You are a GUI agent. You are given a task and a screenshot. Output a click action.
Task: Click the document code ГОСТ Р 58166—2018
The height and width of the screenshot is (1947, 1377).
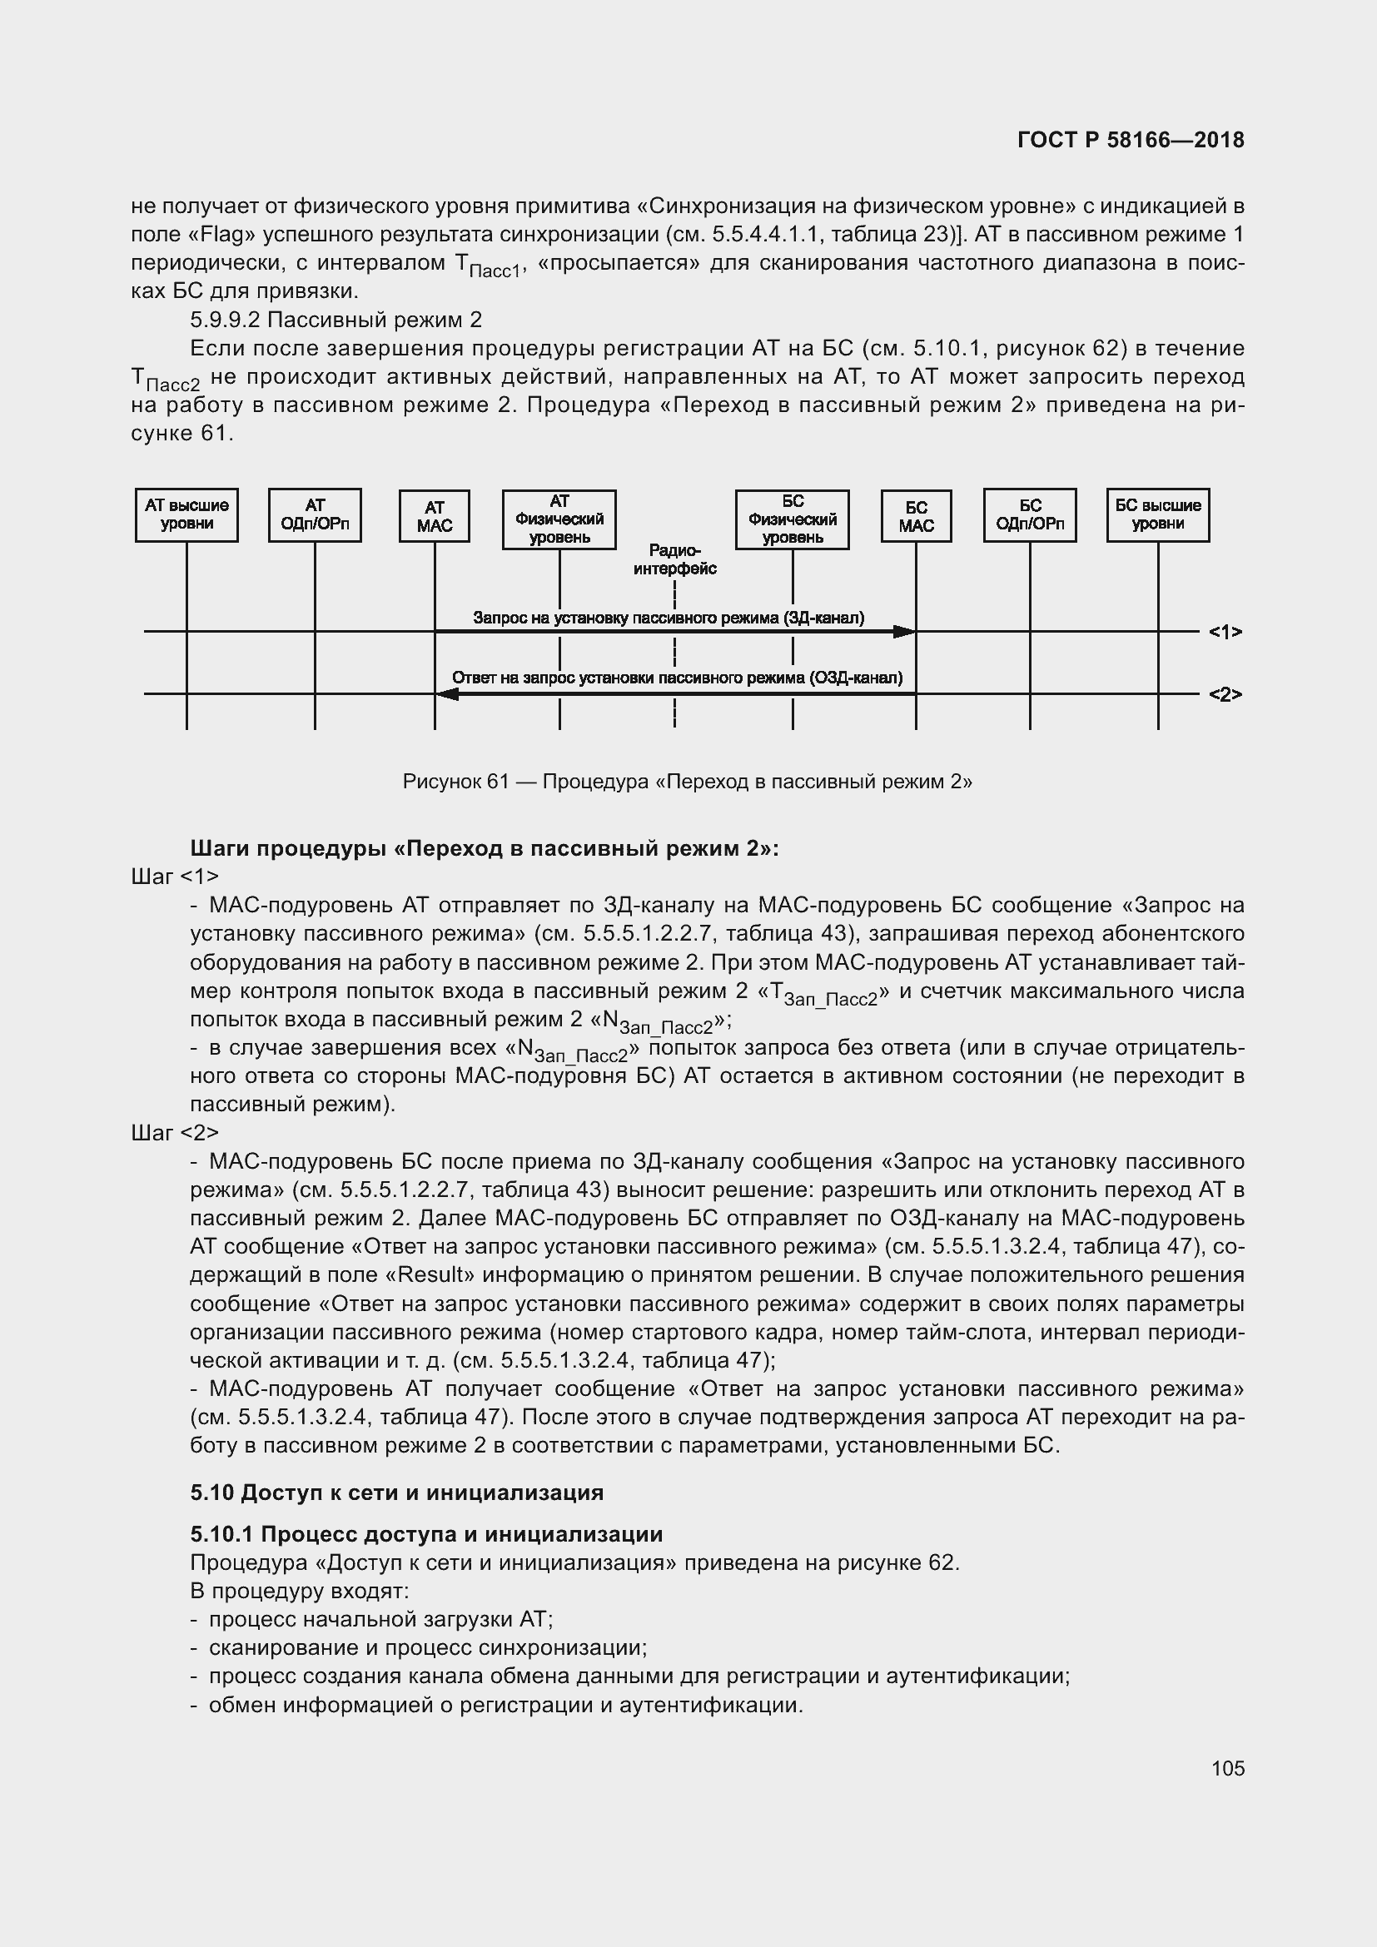click(1131, 140)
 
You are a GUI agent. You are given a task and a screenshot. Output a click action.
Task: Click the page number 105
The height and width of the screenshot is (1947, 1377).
click(1228, 1768)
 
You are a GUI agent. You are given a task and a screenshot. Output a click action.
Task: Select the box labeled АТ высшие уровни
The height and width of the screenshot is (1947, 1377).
click(186, 514)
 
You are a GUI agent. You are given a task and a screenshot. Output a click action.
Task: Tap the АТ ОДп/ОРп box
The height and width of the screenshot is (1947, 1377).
click(315, 514)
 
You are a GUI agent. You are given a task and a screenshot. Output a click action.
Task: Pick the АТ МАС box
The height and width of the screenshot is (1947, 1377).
click(434, 515)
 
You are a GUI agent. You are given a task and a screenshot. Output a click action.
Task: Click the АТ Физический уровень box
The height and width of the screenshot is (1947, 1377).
click(559, 519)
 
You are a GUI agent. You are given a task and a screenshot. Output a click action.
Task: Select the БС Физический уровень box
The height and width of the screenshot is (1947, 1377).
click(792, 519)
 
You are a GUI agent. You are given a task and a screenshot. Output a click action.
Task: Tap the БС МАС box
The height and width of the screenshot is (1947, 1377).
click(916, 515)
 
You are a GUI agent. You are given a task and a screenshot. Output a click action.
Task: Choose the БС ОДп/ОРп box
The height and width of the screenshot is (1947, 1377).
click(1029, 514)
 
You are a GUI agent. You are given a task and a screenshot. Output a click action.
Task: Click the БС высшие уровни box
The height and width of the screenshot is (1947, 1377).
click(1157, 514)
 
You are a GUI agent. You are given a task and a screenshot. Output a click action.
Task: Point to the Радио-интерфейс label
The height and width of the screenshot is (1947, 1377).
click(675, 559)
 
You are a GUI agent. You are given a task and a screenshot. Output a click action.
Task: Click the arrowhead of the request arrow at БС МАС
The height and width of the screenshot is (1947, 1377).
click(905, 632)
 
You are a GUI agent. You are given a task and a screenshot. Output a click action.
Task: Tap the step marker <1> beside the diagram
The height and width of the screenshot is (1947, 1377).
click(1225, 632)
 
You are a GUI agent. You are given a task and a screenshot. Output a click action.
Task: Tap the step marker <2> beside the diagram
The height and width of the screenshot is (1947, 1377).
click(1225, 694)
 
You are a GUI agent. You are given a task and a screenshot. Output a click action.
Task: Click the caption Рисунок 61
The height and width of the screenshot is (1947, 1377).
click(455, 781)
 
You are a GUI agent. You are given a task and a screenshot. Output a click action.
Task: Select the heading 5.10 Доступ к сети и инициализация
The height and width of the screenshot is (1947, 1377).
click(397, 1492)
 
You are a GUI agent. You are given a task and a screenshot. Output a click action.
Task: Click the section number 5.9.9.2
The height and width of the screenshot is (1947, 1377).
click(225, 320)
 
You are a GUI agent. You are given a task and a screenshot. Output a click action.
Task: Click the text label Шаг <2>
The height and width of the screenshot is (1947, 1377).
click(175, 1132)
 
